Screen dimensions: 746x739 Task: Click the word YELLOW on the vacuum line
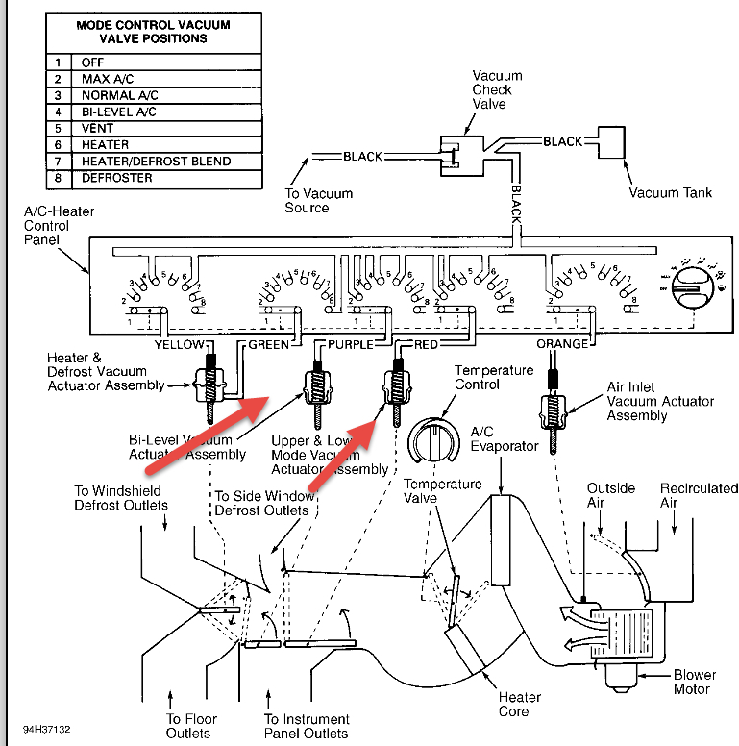(x=179, y=344)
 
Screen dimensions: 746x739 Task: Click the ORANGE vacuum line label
(x=562, y=344)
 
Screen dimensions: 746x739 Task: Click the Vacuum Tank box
(x=612, y=142)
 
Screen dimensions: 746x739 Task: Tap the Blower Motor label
(x=693, y=682)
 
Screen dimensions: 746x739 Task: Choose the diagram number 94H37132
(x=47, y=731)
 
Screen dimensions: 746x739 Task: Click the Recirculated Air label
(x=699, y=495)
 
